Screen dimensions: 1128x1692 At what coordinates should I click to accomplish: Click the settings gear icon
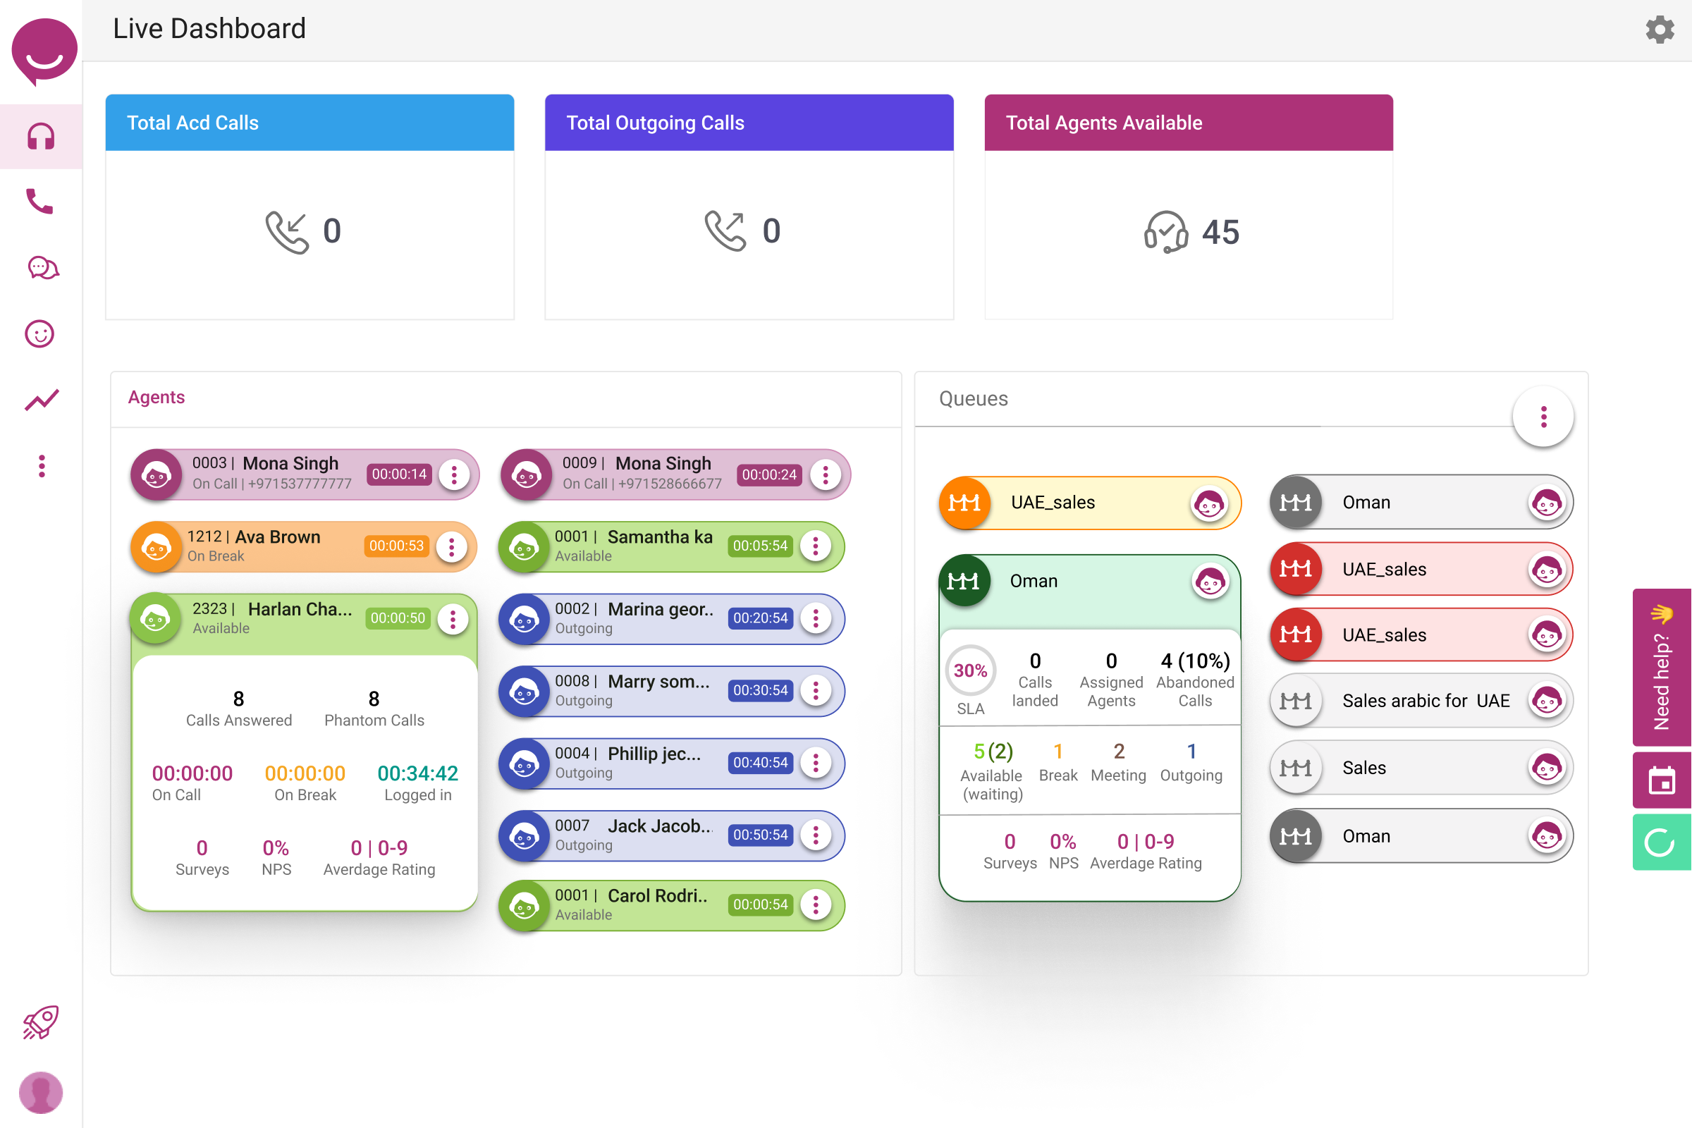point(1659,30)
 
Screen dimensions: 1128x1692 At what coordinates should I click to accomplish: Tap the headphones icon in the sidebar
point(41,137)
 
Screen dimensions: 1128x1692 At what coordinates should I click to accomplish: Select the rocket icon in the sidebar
point(41,1022)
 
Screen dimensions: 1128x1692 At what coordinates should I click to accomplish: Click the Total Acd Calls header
point(309,123)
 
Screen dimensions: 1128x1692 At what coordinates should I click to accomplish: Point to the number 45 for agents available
point(1220,233)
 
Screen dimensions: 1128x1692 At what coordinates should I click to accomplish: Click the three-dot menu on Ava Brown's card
point(452,547)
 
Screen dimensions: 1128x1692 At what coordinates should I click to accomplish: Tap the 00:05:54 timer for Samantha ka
point(760,546)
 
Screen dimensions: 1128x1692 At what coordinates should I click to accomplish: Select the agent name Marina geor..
point(661,609)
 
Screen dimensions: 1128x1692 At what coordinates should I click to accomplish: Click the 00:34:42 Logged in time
point(417,773)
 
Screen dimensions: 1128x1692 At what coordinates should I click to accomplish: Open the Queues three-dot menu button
point(1543,417)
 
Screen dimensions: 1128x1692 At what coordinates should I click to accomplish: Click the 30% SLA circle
point(970,670)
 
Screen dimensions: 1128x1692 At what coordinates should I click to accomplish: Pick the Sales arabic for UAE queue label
point(1425,701)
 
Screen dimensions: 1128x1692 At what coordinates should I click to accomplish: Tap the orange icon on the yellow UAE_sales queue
point(964,503)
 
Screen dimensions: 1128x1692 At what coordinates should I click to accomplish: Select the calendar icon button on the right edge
point(1661,780)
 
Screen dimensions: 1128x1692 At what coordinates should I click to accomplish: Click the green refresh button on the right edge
point(1661,842)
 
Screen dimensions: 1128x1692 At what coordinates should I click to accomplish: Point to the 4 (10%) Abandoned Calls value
point(1195,661)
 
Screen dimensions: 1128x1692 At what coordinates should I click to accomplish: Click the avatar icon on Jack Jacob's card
point(524,836)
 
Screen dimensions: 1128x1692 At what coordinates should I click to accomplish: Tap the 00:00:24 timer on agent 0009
point(768,474)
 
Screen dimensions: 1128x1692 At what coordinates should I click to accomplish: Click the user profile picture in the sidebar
point(41,1092)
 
